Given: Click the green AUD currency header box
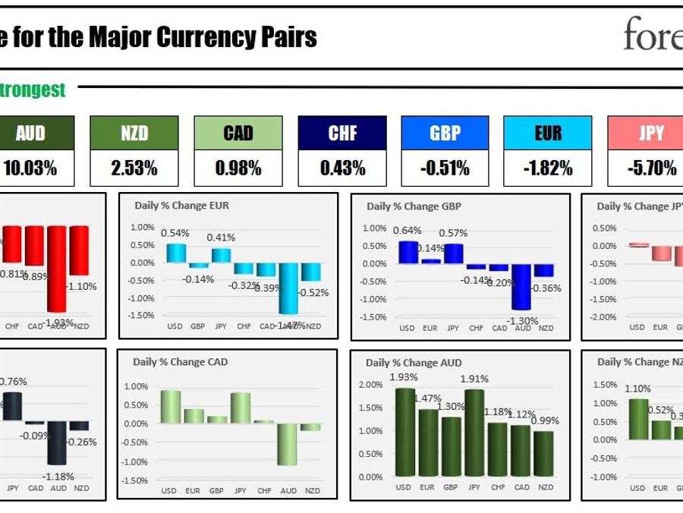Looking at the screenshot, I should point(31,133).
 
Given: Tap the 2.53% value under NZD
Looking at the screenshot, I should point(134,168).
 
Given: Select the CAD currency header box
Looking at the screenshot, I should point(238,133).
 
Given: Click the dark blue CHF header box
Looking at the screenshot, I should point(342,133).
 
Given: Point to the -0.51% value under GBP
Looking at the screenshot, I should point(445,168).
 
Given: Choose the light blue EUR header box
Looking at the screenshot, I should point(548,133).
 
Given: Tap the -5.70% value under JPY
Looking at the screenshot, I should point(651,168).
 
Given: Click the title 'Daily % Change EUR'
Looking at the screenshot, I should point(181,206).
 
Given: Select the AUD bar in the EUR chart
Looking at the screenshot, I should point(288,288).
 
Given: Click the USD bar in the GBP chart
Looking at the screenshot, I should point(408,252).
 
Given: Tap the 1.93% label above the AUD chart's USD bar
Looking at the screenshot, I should point(404,378).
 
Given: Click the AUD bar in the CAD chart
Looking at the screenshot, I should point(288,444).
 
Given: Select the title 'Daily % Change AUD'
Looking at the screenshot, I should point(414,363).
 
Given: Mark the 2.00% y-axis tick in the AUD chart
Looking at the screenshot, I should point(370,385).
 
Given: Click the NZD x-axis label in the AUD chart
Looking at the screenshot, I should point(545,487).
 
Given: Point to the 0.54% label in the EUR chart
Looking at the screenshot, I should point(175,234).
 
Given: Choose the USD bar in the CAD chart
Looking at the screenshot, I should point(170,407).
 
